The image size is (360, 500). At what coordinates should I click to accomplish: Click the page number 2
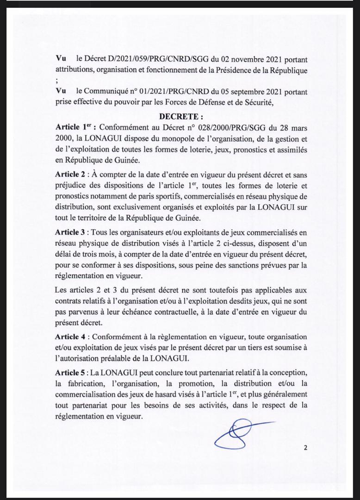[x=305, y=447]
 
